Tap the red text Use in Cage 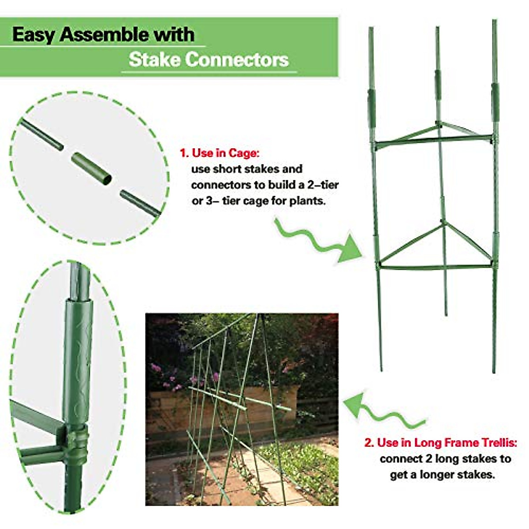225,153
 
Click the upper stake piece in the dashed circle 41,135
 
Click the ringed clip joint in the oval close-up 76,441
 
